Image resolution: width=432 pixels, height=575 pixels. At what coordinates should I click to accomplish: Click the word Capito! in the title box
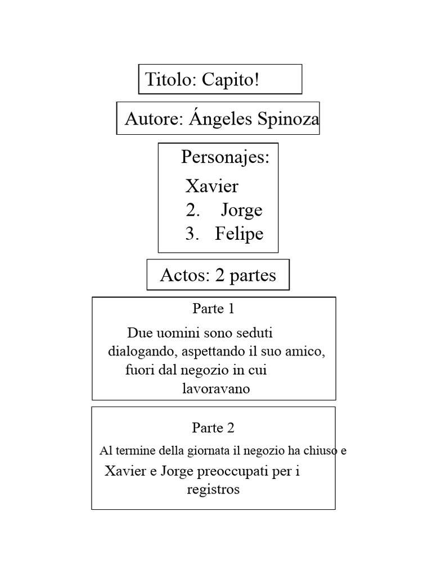pos(231,80)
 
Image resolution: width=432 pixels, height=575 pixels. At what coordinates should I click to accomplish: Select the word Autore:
pos(154,119)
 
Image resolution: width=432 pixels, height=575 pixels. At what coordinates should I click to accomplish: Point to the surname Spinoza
pos(289,119)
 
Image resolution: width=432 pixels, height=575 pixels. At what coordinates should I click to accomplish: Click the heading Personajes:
pos(226,157)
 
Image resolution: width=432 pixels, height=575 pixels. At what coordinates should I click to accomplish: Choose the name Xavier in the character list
pos(212,186)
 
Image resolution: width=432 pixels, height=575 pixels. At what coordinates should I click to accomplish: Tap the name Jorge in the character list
pos(241,210)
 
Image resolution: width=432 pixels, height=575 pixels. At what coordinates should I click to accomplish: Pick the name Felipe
pos(239,234)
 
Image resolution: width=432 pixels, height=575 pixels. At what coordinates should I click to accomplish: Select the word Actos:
pos(184,275)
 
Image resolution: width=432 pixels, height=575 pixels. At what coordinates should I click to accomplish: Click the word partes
pos(253,276)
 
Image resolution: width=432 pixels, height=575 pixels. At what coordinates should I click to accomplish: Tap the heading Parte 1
pos(213,309)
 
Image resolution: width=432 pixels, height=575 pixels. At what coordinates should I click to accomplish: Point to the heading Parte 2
pos(213,427)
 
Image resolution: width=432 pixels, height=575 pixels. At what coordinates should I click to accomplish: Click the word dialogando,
pos(143,352)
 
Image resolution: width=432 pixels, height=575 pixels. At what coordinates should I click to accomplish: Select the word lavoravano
pos(216,389)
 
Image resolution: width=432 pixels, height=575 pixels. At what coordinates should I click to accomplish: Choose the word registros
pos(213,490)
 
